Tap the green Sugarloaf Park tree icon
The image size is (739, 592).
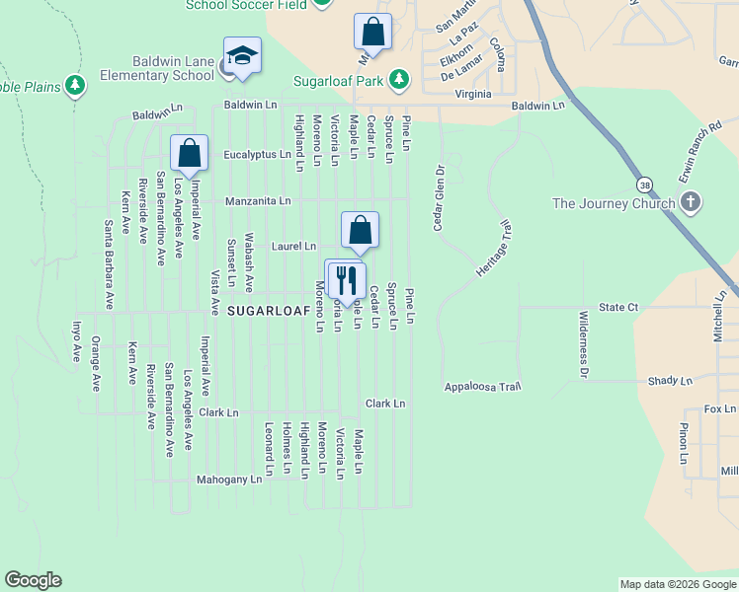point(399,78)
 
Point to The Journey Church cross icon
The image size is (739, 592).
point(691,203)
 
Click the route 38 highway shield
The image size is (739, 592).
point(644,185)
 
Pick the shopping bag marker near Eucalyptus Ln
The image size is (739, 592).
point(189,152)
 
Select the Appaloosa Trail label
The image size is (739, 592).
point(481,386)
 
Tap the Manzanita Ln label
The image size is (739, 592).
point(258,200)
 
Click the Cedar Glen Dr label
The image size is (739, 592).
point(437,198)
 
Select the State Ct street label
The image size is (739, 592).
point(618,308)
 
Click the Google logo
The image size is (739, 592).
point(33,580)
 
